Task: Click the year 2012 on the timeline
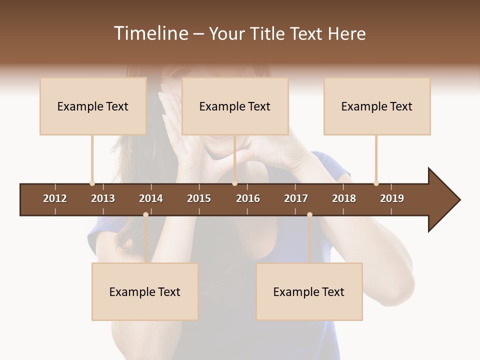click(55, 198)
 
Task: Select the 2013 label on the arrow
click(103, 198)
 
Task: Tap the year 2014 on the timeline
click(151, 198)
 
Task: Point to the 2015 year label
click(199, 198)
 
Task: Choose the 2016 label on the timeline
click(248, 198)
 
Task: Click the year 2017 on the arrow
click(296, 198)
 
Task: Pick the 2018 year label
click(344, 198)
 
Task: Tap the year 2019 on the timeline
click(392, 198)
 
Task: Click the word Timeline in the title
click(151, 33)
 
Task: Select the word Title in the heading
click(268, 33)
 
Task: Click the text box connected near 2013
click(93, 106)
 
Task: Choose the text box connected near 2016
click(235, 106)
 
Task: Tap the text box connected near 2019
click(377, 106)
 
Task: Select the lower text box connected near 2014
click(145, 291)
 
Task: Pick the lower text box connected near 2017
click(309, 291)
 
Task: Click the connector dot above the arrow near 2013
click(92, 183)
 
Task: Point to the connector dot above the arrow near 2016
click(234, 183)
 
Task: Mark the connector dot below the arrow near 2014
click(145, 214)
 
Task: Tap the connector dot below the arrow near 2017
click(309, 214)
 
